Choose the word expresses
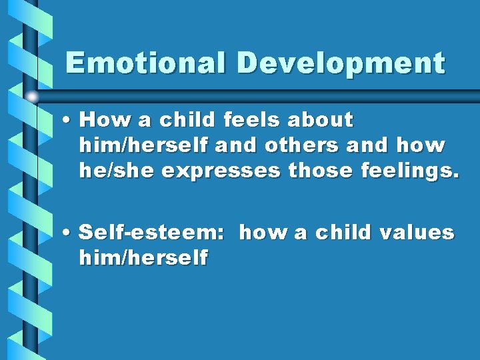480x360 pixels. (221, 171)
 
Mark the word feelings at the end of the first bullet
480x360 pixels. (409, 171)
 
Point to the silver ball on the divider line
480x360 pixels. (32, 97)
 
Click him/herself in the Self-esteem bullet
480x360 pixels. (143, 257)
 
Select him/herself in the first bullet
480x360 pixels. (143, 145)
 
